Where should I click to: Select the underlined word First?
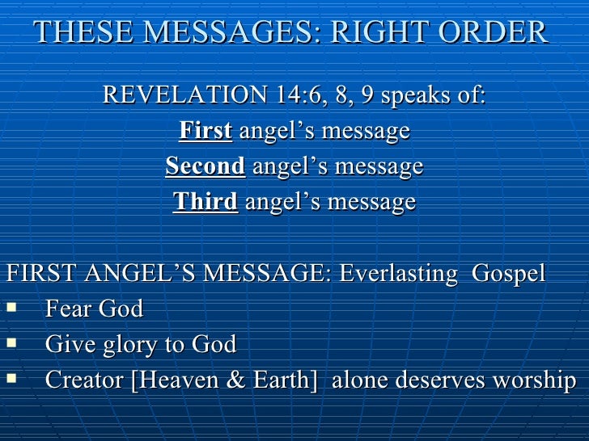tap(206, 131)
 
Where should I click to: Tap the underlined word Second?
tap(206, 166)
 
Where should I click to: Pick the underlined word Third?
tap(206, 202)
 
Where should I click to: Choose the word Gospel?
tap(509, 274)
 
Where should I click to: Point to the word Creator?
tap(85, 380)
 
